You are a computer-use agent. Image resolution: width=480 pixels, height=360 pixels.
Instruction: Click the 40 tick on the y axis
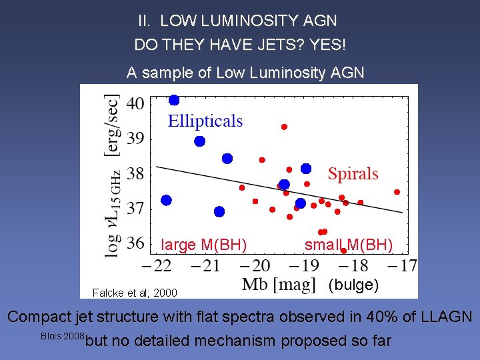(135, 103)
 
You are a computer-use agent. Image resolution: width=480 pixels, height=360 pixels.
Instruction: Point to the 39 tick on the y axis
(135, 138)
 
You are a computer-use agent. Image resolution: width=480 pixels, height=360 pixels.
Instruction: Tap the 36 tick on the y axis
(135, 242)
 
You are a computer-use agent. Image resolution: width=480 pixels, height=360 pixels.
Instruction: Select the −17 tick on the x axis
(401, 265)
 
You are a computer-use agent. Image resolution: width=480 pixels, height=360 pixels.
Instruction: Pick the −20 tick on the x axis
(254, 265)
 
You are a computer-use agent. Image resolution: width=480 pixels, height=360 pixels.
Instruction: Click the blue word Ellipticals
(205, 121)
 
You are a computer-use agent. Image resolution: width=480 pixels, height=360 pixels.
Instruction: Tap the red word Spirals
(353, 174)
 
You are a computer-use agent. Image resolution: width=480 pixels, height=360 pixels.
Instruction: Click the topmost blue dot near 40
(174, 100)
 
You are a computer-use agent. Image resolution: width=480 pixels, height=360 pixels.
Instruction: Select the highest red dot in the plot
(284, 127)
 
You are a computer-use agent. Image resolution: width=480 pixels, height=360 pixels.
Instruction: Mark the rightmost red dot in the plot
(397, 192)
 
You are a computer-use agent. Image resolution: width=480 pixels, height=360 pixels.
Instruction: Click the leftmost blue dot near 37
(166, 200)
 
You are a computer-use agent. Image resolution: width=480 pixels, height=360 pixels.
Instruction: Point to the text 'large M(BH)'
(204, 245)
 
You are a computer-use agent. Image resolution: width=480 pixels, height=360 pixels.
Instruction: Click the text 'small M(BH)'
(349, 245)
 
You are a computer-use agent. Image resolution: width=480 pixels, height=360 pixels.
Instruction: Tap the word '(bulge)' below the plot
(354, 285)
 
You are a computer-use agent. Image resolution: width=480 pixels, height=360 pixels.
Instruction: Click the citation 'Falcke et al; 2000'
(135, 293)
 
